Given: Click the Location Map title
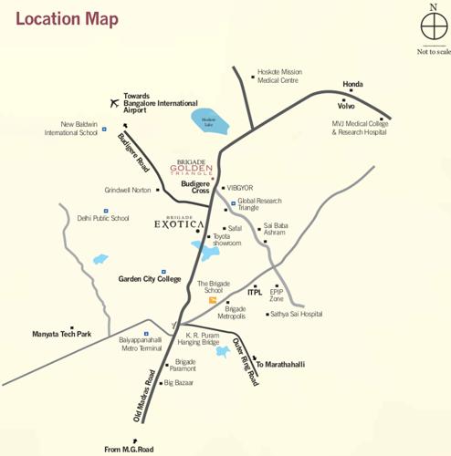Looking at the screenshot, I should (x=68, y=19).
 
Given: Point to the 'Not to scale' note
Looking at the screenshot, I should (x=434, y=52).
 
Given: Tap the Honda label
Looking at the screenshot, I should (x=352, y=85).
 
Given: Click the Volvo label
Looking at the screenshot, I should (x=346, y=106).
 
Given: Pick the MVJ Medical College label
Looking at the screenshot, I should (x=360, y=128).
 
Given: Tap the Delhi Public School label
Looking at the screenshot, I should (x=103, y=219).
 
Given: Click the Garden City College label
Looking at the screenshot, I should (x=150, y=279).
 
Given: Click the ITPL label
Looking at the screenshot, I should (x=255, y=293).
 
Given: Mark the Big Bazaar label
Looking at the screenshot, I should (x=182, y=383).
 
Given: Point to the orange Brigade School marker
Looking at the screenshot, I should (x=213, y=299).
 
